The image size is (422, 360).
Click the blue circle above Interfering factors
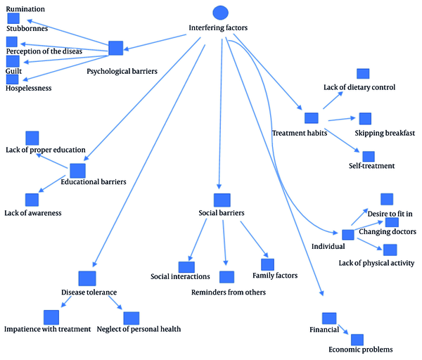tap(220, 13)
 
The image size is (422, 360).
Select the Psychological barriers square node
tap(116, 48)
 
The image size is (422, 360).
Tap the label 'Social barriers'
tap(222, 213)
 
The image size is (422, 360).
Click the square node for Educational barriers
tap(78, 171)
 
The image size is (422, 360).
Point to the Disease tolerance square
tap(87, 278)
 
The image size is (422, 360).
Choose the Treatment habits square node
tap(312, 118)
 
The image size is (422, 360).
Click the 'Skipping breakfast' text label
tap(385, 133)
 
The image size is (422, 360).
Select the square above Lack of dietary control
tap(363, 73)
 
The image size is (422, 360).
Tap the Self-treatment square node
tap(369, 156)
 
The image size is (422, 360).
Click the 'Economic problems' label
tap(361, 349)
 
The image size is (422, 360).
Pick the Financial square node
tap(329, 319)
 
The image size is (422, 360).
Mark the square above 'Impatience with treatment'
tap(51, 317)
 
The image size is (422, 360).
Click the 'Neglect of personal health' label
tap(139, 329)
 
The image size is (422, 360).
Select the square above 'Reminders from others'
tap(226, 277)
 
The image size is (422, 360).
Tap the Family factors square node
tap(267, 264)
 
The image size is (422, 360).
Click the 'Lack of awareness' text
tap(33, 213)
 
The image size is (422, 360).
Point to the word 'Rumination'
tap(25, 9)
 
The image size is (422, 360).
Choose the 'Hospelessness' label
tap(29, 89)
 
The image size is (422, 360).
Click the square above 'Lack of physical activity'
tap(390, 250)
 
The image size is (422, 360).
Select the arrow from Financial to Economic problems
tap(343, 330)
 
